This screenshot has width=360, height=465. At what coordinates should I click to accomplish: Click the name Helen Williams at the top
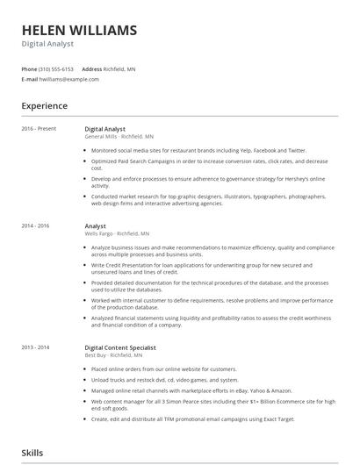[x=79, y=30]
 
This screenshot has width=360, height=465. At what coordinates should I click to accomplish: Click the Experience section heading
[x=45, y=106]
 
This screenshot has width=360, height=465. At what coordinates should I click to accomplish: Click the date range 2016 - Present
[x=40, y=129]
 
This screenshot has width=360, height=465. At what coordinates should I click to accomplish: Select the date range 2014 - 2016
[x=36, y=226]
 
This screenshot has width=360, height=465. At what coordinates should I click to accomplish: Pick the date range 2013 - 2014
[x=36, y=347]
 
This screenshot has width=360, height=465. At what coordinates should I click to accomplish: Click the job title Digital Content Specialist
[x=120, y=347]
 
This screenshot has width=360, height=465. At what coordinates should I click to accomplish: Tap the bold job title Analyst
[x=95, y=226]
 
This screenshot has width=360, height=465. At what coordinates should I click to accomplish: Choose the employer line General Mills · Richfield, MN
[x=119, y=137]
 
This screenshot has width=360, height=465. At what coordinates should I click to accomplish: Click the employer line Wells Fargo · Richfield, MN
[x=117, y=234]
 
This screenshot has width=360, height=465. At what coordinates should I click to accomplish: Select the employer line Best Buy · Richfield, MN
[x=113, y=355]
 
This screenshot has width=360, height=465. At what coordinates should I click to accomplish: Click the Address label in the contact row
[x=92, y=68]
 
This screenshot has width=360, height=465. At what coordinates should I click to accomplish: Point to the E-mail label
[x=30, y=79]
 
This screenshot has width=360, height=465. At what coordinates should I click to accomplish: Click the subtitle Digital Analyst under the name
[x=47, y=44]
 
